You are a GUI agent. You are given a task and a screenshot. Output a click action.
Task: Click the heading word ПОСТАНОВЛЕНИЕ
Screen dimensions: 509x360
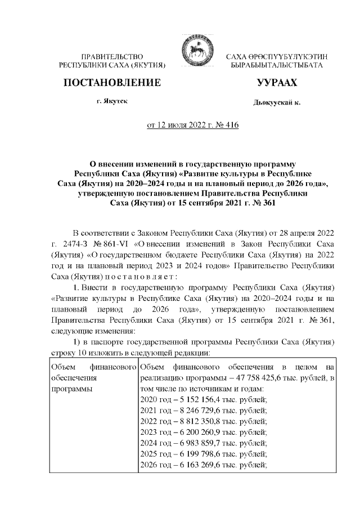click(x=112, y=83)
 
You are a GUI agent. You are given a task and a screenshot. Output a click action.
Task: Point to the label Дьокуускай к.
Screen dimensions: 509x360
click(x=277, y=103)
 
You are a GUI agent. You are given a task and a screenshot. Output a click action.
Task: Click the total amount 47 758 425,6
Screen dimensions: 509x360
click(x=251, y=377)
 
